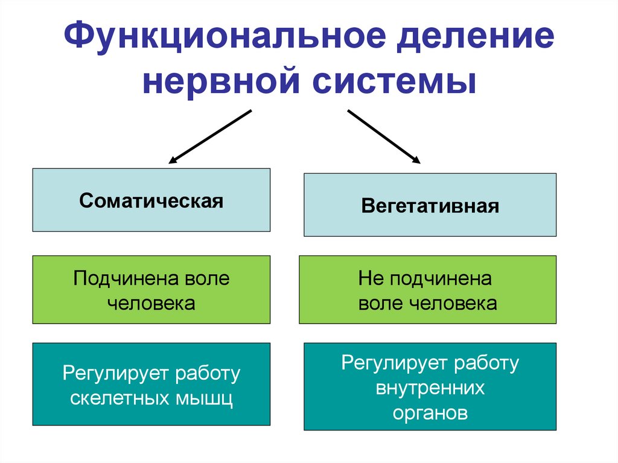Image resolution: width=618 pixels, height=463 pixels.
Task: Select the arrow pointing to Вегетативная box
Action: tap(383, 136)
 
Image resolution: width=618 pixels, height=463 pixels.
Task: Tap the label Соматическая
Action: tap(151, 200)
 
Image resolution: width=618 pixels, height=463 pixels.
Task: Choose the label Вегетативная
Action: tap(430, 206)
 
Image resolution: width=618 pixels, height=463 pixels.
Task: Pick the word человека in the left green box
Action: tap(151, 302)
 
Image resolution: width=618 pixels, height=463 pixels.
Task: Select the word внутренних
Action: tap(430, 388)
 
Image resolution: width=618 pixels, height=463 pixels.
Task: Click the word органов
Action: tap(430, 413)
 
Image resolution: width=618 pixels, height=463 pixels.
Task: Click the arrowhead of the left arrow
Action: tap(173, 161)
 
